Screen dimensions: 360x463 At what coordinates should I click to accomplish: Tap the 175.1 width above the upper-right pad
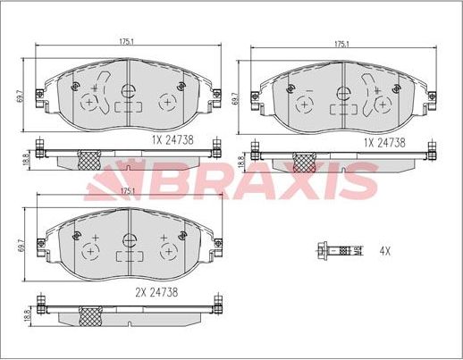point(341,43)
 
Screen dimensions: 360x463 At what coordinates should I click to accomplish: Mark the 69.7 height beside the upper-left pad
point(22,91)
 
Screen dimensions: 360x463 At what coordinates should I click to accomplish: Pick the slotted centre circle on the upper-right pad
point(343,92)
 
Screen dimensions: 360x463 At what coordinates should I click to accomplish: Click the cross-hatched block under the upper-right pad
point(305,162)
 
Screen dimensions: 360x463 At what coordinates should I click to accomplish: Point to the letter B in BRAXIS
point(147,181)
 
